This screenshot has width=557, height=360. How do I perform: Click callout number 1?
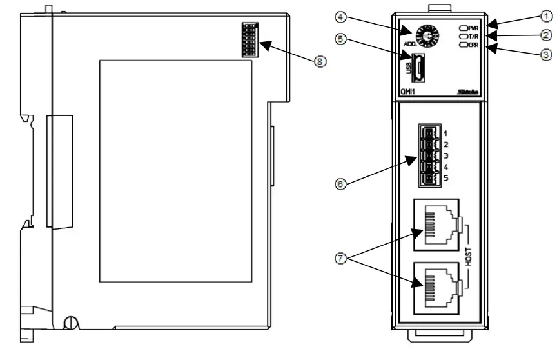click(x=546, y=19)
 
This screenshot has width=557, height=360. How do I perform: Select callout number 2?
click(x=546, y=35)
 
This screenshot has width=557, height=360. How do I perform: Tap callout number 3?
click(x=546, y=54)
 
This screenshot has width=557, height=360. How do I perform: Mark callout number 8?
click(x=319, y=61)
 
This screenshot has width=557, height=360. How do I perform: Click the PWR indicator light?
click(x=464, y=28)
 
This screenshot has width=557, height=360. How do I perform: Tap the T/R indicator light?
click(x=464, y=37)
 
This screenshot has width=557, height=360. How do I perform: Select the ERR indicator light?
click(x=464, y=46)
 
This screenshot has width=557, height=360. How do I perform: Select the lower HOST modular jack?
click(x=436, y=286)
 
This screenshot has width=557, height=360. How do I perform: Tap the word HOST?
click(x=469, y=257)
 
